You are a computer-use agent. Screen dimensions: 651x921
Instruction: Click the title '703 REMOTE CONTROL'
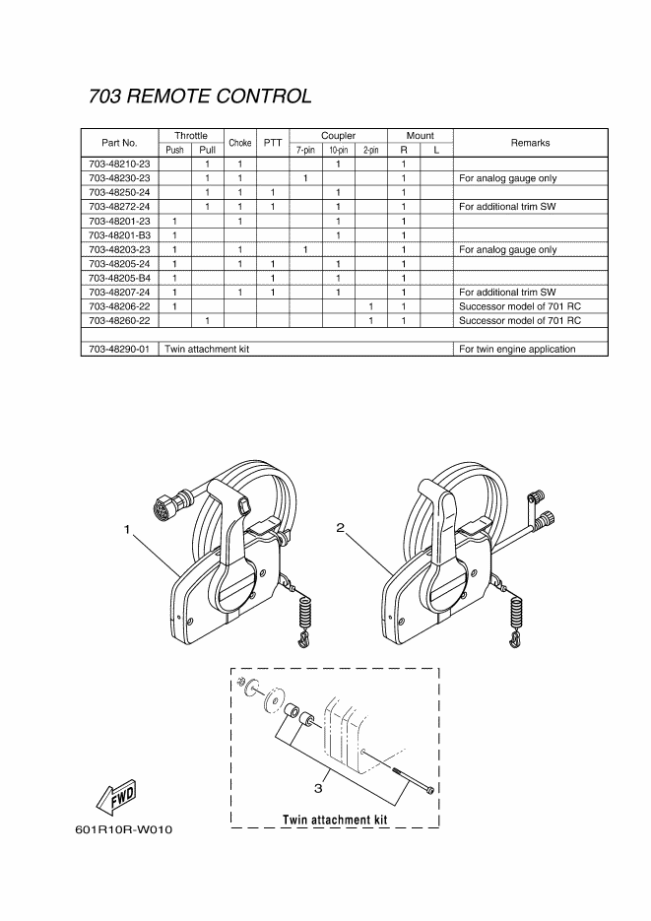(x=200, y=96)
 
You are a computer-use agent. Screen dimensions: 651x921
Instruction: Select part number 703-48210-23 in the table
(x=120, y=164)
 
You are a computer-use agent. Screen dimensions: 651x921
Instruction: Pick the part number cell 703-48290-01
(x=120, y=349)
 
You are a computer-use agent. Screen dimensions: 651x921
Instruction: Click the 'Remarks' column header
(x=530, y=143)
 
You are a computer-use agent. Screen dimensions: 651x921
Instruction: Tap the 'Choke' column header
(x=240, y=143)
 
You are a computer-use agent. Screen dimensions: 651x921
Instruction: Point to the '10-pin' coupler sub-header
(x=338, y=150)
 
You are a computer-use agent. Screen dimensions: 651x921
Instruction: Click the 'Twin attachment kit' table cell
(x=207, y=349)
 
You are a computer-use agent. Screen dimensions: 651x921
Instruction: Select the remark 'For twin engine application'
(x=517, y=349)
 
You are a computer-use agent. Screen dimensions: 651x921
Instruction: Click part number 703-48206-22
(x=120, y=306)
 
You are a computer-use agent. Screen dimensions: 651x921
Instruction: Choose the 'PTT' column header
(x=273, y=143)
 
